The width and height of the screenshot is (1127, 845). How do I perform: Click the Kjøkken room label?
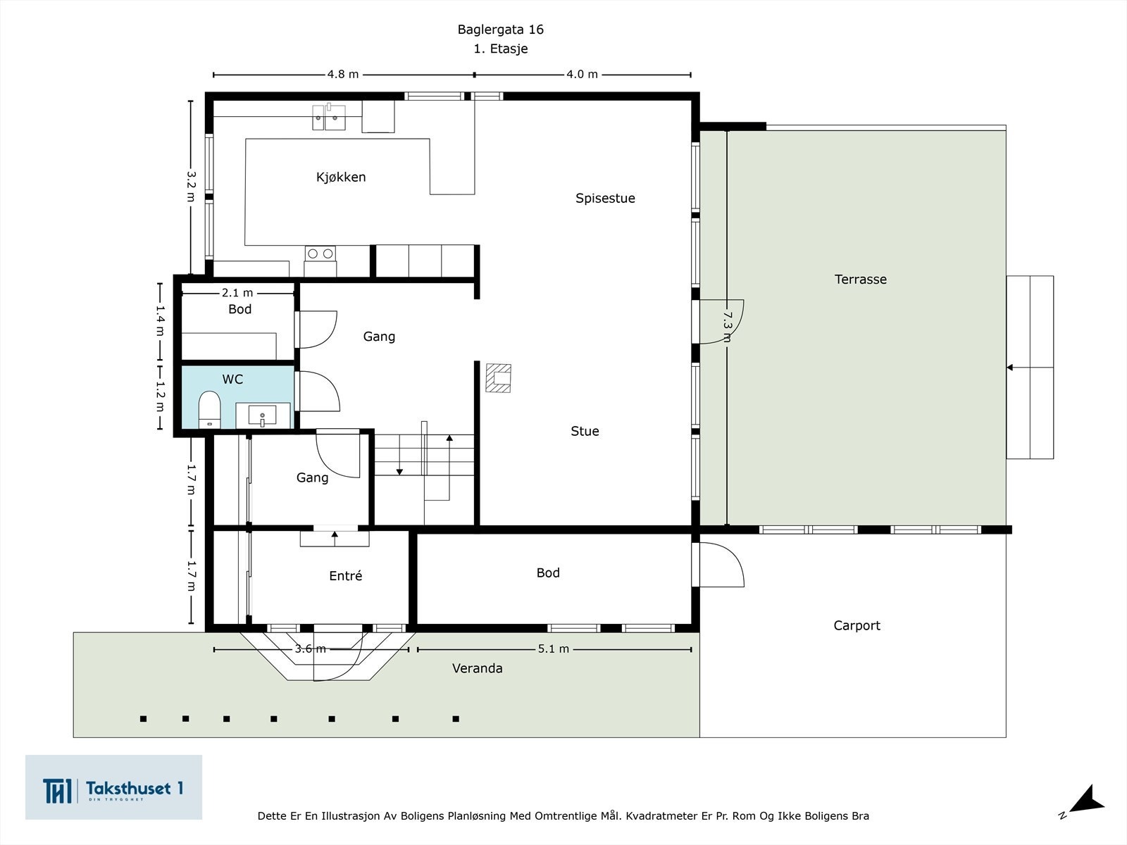pos(341,177)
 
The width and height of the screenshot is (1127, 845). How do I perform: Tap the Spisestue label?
pos(605,199)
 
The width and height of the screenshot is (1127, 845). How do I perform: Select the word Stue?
pos(585,431)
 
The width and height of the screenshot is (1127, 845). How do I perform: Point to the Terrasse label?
pos(861,279)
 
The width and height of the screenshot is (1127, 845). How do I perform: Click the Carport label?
pos(857,625)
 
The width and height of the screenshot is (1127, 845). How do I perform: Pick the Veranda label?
pos(477,668)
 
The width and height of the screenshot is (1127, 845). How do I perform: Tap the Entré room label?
pos(346,575)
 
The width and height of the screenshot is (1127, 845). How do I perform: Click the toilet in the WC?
pos(209,409)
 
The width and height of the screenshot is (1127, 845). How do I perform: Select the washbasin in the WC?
pos(262,415)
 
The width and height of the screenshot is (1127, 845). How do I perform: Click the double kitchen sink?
pos(329,117)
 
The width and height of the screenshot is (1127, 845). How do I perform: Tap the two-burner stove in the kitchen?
pos(320,254)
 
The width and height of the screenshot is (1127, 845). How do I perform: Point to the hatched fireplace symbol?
pos(498,378)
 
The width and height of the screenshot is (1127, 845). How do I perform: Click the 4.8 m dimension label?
pos(343,75)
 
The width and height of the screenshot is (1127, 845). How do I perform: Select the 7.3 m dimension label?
pos(727,327)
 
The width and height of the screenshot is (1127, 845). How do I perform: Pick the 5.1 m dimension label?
pos(554,649)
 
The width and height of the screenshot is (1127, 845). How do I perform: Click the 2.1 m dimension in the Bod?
pos(237,293)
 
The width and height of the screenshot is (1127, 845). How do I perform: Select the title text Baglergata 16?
pos(501,30)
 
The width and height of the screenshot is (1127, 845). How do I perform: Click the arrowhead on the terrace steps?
pos(1009,368)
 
